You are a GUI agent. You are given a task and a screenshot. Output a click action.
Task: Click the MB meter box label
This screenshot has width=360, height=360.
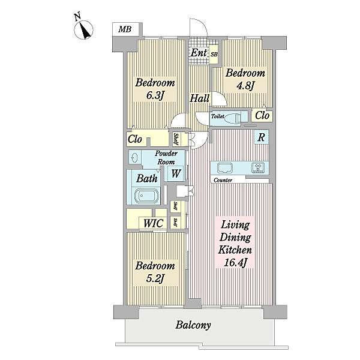pos(125,29)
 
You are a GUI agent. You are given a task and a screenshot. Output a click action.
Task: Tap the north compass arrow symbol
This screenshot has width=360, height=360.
pos(83,30)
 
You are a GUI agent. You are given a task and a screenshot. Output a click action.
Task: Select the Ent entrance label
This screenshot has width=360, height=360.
pos(199,53)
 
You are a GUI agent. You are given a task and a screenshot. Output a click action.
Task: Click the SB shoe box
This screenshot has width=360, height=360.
pos(214,55)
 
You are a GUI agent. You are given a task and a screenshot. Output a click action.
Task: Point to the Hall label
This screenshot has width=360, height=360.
pos(199,98)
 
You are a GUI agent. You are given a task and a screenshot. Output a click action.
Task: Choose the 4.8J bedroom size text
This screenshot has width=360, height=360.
pos(245,86)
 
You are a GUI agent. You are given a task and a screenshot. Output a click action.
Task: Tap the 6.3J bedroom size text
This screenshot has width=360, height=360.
pos(155,95)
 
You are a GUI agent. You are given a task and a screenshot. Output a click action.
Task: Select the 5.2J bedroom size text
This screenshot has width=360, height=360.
pos(154,278)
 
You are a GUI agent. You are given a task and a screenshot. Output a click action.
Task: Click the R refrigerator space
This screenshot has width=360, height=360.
pos(261,137)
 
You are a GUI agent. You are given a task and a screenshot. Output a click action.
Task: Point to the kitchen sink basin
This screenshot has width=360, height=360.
pos(225,168)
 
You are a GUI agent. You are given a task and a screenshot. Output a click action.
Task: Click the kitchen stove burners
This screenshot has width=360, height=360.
pos(260,167)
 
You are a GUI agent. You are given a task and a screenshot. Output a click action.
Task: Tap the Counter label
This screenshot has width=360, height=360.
pos(223,181)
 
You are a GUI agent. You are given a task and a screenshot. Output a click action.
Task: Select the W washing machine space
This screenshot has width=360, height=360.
pos(176,173)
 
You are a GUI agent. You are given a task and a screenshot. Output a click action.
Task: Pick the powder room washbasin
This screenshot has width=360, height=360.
pos(134,158)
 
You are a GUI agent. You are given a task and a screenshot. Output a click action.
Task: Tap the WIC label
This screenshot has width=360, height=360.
pos(154,223)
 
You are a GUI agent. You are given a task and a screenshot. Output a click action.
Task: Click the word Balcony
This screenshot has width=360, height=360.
pos(193,325)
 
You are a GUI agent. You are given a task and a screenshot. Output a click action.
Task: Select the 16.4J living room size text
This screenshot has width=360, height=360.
pos(235,263)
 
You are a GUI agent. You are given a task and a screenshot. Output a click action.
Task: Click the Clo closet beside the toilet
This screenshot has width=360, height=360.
pos(262,115)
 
